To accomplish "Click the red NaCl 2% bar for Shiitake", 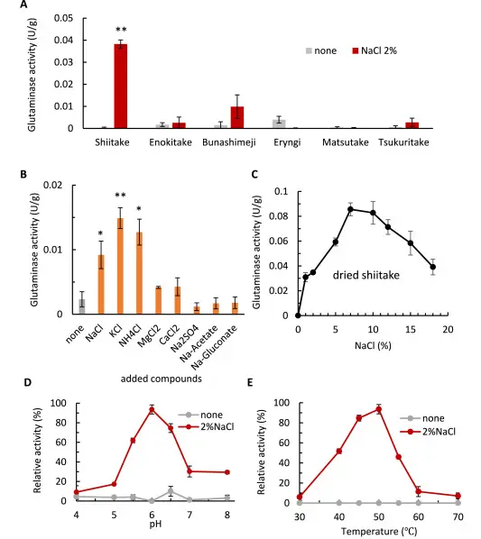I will (x=119, y=87).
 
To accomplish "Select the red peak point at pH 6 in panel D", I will (x=152, y=409).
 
